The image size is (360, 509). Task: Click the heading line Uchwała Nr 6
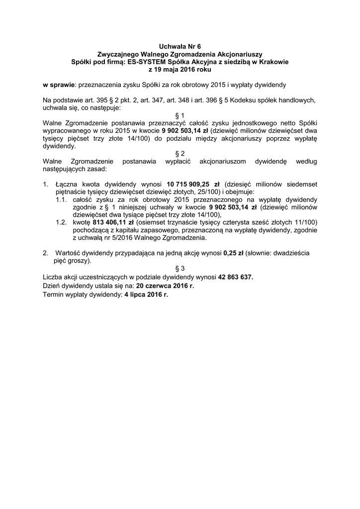180,46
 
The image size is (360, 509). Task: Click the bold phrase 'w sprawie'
58,85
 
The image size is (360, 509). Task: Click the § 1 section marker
180,115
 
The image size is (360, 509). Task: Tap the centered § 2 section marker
180,154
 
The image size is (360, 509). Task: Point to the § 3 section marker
180,268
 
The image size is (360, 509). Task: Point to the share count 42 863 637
235,277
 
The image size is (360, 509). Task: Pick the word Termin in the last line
54,295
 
